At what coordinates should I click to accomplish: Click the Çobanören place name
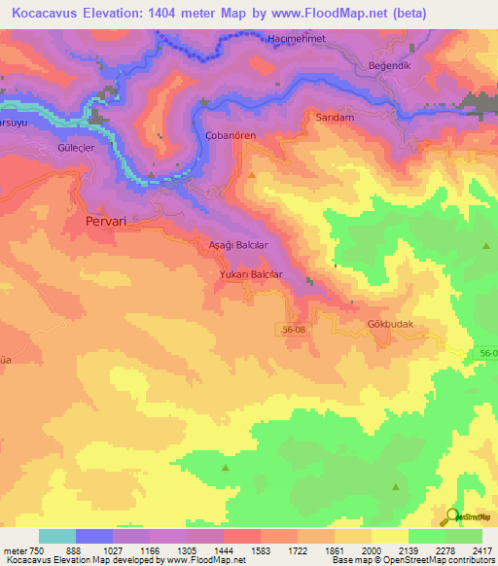click(231, 136)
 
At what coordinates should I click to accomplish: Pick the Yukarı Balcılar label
click(250, 275)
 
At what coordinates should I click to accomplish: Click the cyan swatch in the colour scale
click(57, 536)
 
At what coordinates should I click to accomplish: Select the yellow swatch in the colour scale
click(389, 536)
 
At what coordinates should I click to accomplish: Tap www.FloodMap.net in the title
click(359, 14)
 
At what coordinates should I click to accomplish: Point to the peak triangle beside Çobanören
click(253, 174)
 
